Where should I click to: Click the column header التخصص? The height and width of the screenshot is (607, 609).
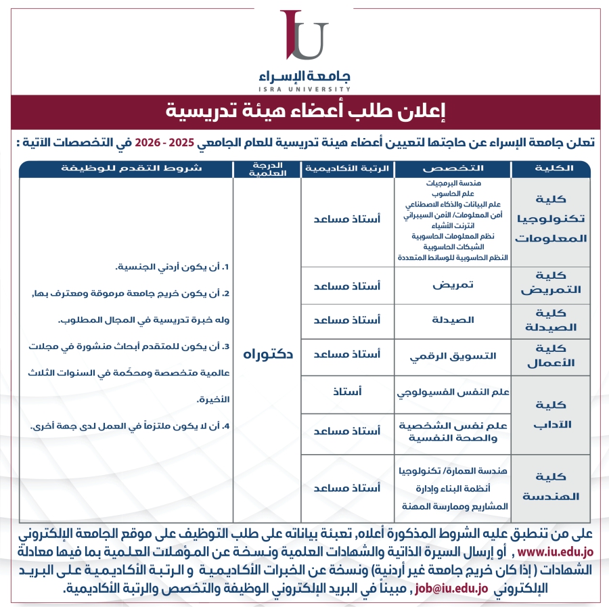coord(453,168)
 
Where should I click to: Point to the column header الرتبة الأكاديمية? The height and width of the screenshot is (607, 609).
coord(347,168)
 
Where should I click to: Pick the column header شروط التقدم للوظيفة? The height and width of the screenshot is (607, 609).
coord(126,168)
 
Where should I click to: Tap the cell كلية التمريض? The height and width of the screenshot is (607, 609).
coord(551,284)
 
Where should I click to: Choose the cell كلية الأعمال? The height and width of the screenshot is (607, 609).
coord(551,357)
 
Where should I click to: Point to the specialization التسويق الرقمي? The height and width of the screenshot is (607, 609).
coord(453,356)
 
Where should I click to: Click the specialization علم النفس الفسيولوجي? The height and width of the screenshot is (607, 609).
coord(453,392)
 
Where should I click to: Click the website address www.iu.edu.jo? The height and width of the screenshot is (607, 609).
coord(554,553)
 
